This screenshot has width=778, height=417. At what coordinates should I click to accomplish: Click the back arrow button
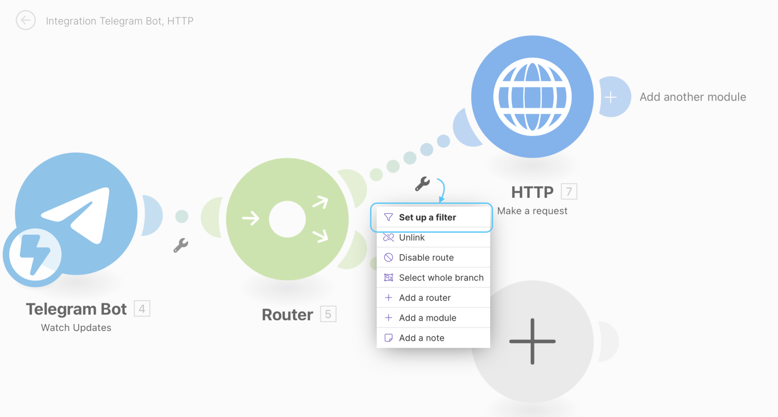(26, 20)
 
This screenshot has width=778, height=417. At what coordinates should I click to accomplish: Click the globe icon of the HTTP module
(532, 97)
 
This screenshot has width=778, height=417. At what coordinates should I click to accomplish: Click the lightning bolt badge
(35, 255)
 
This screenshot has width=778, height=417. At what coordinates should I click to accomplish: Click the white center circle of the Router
(287, 219)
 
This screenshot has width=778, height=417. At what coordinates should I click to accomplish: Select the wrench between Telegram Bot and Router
(180, 245)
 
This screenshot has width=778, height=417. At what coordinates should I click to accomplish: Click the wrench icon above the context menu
(423, 184)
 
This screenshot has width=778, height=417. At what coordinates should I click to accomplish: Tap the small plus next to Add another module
(611, 97)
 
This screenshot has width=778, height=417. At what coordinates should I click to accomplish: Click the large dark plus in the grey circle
(532, 341)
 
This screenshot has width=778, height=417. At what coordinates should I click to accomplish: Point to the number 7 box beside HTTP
(569, 191)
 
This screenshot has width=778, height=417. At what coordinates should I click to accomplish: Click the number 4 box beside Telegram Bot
(142, 308)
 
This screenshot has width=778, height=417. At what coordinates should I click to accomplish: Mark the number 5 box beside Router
(328, 314)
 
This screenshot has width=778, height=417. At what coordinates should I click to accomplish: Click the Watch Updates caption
(76, 328)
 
